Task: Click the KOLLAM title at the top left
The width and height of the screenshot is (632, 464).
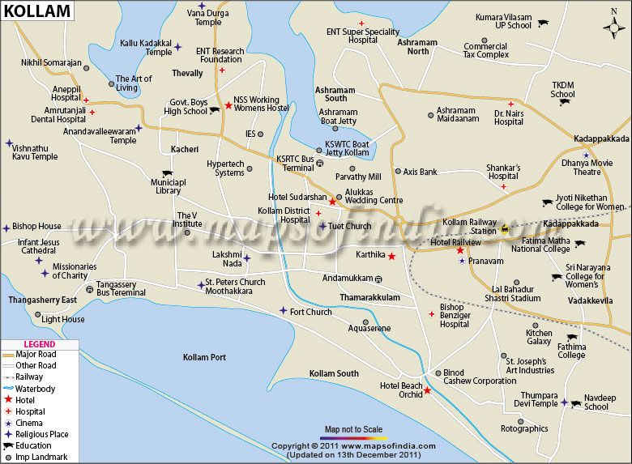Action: [x=36, y=12]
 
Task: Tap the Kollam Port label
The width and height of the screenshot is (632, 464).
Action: [x=204, y=357]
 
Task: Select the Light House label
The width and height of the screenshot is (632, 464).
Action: [x=63, y=319]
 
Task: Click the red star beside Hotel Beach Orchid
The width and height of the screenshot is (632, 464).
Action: [x=427, y=390]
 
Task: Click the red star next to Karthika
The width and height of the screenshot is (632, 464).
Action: [x=391, y=257]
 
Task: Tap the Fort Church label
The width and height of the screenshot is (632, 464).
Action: [x=310, y=312]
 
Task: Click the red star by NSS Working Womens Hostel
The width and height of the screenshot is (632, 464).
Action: [x=228, y=105]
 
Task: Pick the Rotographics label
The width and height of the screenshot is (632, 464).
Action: [x=524, y=429]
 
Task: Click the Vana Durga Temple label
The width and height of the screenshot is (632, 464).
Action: [x=207, y=17]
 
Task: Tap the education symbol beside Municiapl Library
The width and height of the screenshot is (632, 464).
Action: [x=167, y=173]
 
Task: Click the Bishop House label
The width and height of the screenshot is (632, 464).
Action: [x=37, y=227]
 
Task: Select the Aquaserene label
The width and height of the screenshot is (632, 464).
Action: [x=369, y=328]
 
